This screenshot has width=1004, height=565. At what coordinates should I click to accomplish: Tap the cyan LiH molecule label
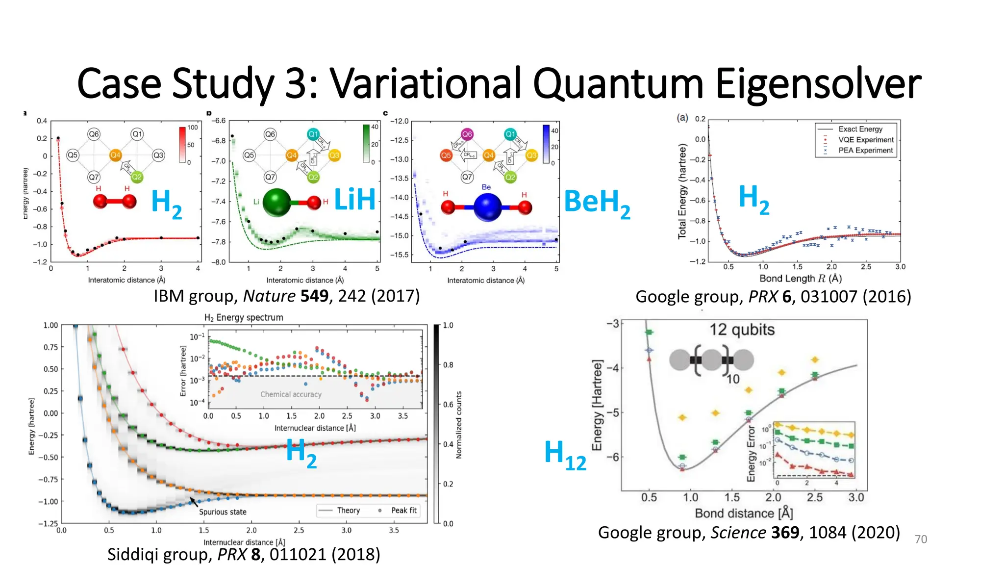(x=354, y=200)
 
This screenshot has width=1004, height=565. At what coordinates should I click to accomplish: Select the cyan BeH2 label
(x=597, y=202)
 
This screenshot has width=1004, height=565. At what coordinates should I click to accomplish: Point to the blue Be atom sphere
(x=487, y=207)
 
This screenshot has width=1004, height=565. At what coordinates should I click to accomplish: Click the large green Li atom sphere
(x=277, y=202)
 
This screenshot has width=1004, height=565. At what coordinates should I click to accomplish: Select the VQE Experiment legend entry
(x=865, y=140)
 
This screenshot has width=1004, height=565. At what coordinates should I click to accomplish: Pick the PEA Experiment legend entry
(x=865, y=151)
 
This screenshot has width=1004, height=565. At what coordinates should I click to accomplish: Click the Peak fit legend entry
(x=403, y=511)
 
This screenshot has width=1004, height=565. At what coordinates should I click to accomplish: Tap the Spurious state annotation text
(x=223, y=512)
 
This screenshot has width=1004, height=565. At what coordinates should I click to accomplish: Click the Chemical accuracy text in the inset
(x=291, y=394)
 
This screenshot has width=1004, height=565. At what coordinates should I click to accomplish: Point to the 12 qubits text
(x=742, y=330)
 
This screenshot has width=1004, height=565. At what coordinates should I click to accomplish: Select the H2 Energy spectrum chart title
(x=244, y=317)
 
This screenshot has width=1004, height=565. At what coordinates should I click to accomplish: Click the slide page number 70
(x=921, y=539)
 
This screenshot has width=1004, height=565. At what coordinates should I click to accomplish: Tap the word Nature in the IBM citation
(x=269, y=296)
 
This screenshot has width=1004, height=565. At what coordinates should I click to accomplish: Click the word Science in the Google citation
(x=738, y=533)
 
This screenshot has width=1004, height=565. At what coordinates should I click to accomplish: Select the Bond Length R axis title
(x=800, y=279)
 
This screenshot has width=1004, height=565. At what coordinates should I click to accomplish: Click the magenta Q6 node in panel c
(x=467, y=134)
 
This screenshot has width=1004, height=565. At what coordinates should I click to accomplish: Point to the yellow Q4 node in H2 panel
(x=115, y=155)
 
